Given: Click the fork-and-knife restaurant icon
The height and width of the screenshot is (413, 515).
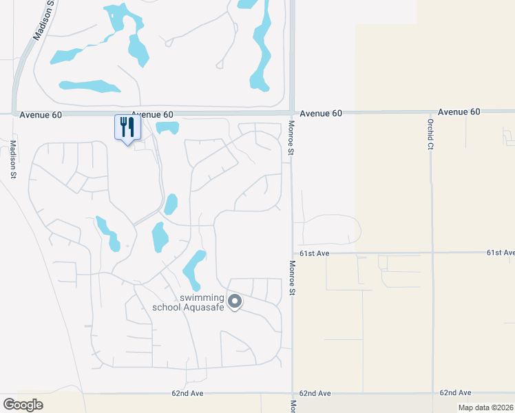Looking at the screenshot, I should coord(127,127).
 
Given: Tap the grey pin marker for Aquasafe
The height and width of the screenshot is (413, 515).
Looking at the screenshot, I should coord(235,301).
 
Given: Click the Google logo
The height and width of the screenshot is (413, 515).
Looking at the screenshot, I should coord(23,404).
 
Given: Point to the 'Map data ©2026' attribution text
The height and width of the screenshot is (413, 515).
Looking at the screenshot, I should coord(485,407).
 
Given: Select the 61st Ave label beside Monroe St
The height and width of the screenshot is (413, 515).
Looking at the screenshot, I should coord(313,253).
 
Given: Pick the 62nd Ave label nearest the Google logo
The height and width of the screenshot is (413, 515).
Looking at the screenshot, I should coord(187,394).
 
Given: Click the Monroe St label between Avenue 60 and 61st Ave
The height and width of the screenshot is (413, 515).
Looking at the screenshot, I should coord(291,137).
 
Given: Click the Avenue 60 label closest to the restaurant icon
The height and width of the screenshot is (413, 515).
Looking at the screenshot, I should coord(152,114).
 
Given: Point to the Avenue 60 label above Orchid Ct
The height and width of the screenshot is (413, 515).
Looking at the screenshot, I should coord(459,112).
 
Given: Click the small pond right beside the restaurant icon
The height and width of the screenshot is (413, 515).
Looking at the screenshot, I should coord(167,127).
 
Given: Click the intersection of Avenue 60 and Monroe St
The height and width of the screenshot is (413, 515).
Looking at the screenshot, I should coord(291,112).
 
